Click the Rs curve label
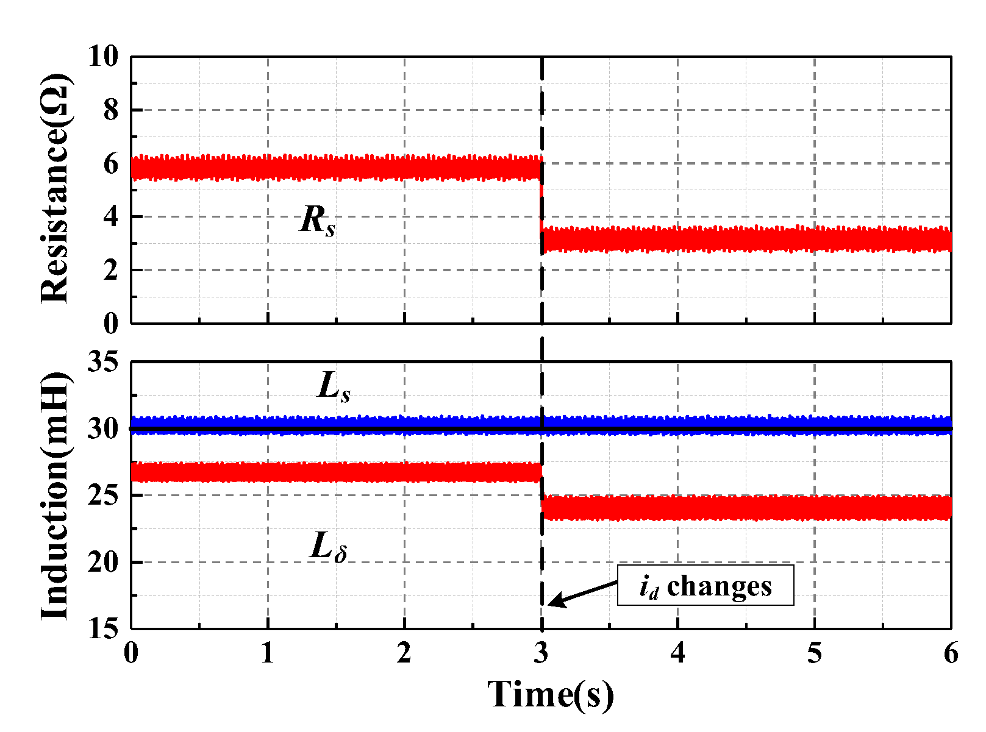[318, 221]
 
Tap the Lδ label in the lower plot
[329, 547]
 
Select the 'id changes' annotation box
[706, 586]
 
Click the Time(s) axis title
[551, 694]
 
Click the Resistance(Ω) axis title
[55, 188]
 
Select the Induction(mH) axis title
[55, 495]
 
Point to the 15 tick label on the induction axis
[102, 628]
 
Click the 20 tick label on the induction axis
[102, 562]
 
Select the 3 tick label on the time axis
[541, 654]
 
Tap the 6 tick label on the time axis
[951, 654]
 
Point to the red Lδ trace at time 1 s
[268, 472]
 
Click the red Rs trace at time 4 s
[678, 239]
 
